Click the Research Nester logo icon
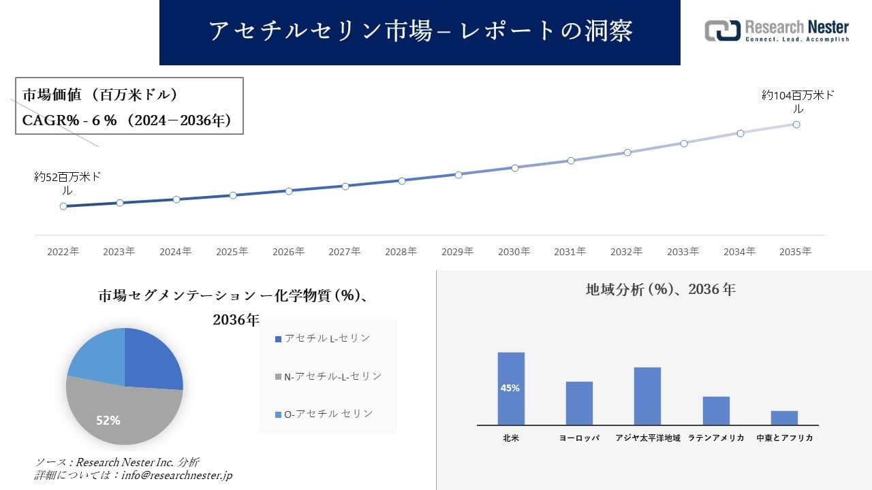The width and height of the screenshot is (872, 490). point(722,31)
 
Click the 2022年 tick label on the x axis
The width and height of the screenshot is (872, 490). point(63,252)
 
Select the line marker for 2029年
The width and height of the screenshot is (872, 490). point(458,174)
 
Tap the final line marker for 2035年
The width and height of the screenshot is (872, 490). point(796,125)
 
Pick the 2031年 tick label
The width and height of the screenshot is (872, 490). point(570,252)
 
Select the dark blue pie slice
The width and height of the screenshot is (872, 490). point(153,359)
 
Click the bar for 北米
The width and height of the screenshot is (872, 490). point(511,388)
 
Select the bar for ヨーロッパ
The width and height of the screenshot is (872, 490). point(579,403)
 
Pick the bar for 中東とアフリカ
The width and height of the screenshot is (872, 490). point(784,417)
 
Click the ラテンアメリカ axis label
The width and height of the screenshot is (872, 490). point(716,438)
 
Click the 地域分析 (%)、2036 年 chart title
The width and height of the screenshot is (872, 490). point(661,289)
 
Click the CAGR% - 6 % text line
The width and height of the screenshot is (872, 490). point(127,120)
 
